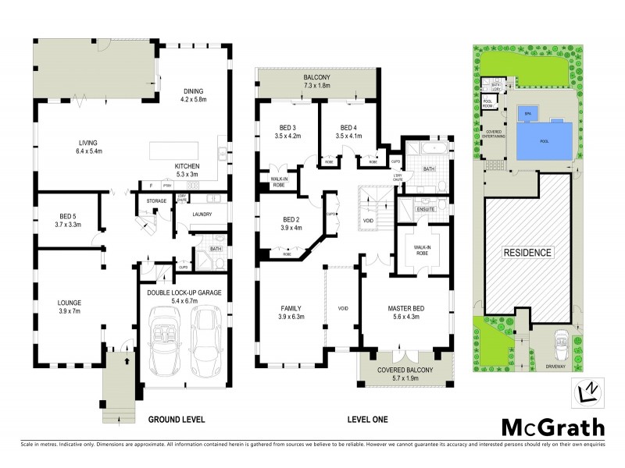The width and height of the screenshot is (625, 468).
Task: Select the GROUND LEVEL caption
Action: (x=177, y=420)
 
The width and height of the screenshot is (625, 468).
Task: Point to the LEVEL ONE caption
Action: (x=367, y=420)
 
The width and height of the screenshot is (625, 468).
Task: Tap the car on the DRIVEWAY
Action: (x=561, y=344)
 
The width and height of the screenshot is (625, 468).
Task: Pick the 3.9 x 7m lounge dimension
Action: (x=70, y=310)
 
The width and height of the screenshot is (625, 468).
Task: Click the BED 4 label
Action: (x=348, y=127)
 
